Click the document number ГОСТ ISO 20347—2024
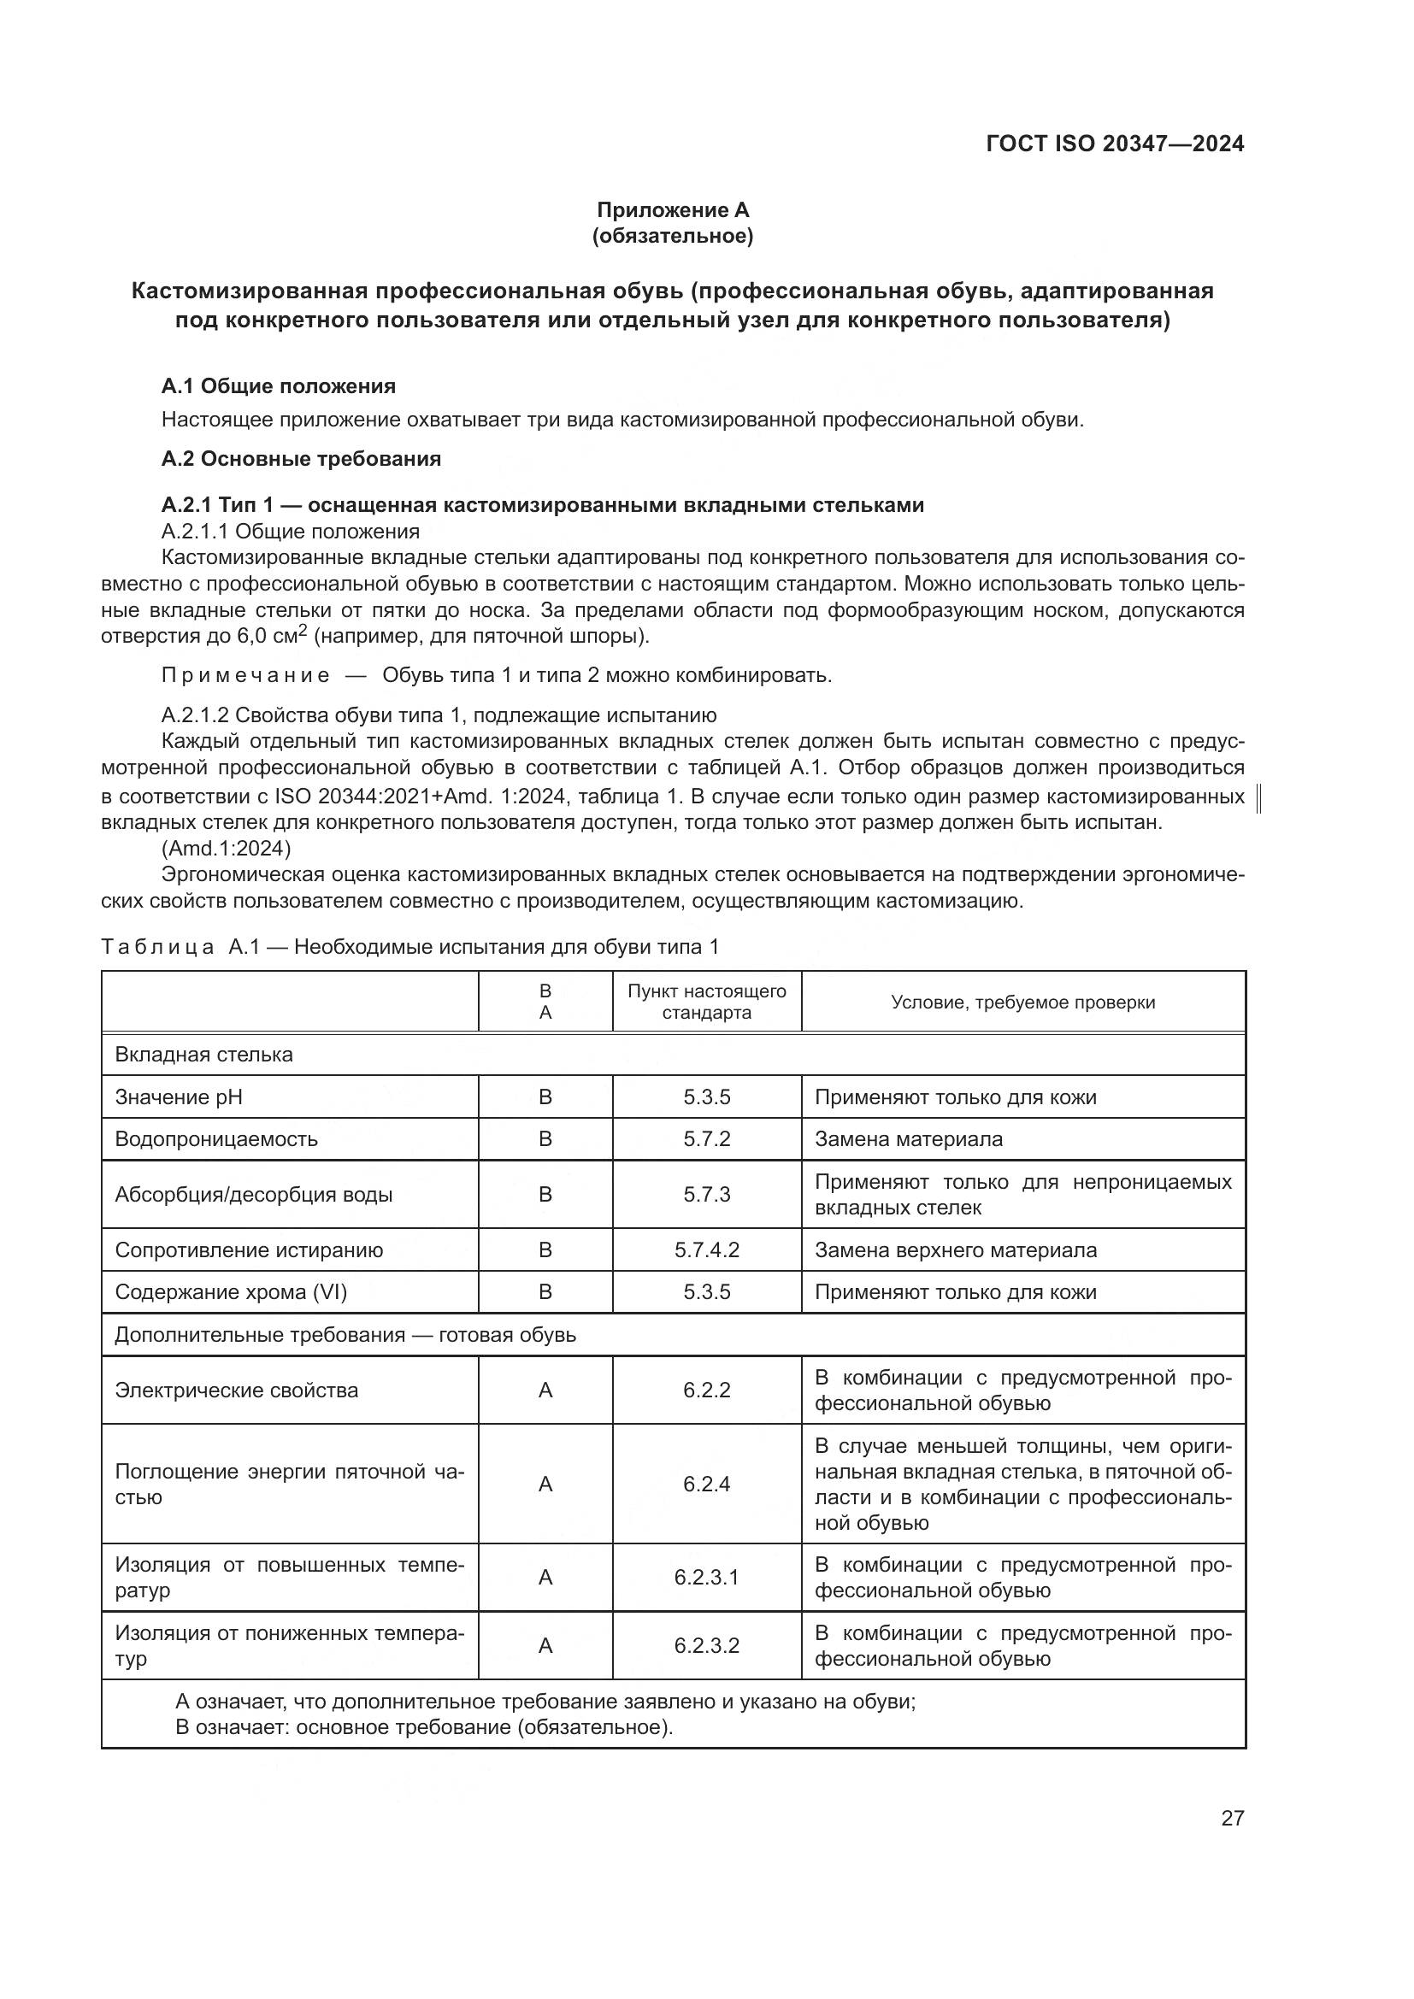(x=1115, y=144)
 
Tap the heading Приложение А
(x=672, y=210)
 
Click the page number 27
(x=1232, y=1818)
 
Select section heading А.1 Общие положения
(x=279, y=385)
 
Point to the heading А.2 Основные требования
(x=301, y=459)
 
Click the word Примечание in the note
(x=245, y=676)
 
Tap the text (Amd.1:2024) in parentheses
(x=227, y=848)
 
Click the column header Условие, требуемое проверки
(x=1022, y=1002)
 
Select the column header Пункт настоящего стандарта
(x=706, y=1002)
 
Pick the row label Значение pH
(x=179, y=1097)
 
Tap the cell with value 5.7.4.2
(x=706, y=1250)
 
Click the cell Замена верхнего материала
(x=955, y=1250)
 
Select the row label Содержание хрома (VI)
(x=231, y=1292)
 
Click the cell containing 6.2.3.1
(x=706, y=1577)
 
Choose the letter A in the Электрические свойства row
(x=545, y=1390)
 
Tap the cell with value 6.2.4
(x=706, y=1484)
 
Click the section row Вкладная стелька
(x=203, y=1055)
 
